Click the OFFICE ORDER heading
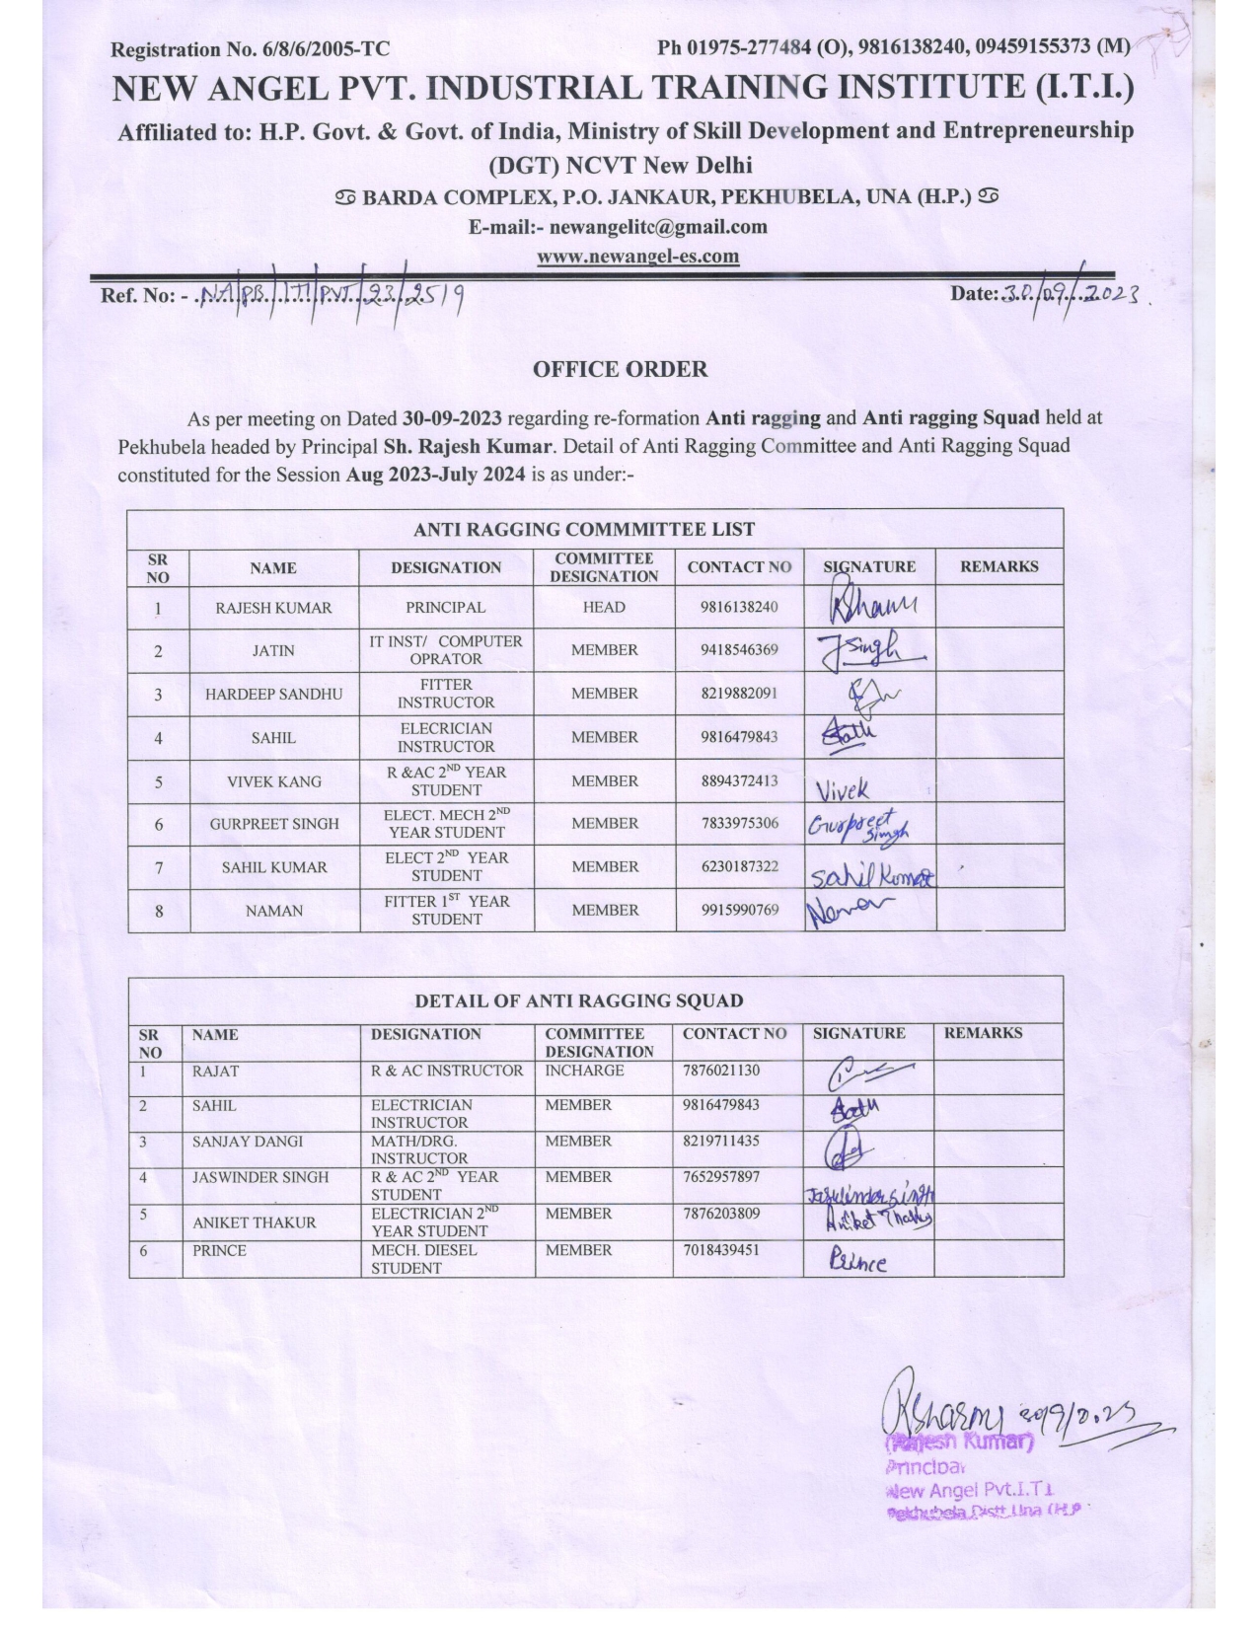(620, 370)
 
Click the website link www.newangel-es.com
(637, 257)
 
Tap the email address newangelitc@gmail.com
(618, 227)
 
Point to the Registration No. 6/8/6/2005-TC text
(251, 49)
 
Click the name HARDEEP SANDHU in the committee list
(273, 694)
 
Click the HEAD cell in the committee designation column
(603, 607)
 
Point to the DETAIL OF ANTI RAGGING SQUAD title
(578, 1000)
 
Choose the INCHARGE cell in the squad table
(584, 1071)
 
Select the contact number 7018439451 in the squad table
(720, 1250)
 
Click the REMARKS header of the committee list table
(999, 566)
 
